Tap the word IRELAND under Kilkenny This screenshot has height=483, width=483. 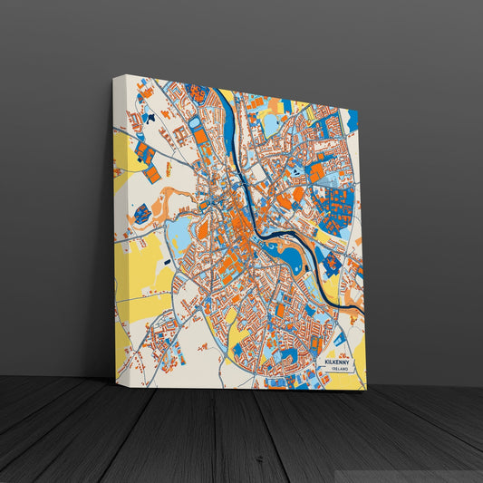click(x=341, y=370)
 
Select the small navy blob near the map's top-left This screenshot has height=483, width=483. click(x=153, y=117)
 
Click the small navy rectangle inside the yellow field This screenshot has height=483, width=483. click(x=141, y=214)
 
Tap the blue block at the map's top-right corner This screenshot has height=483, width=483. click(x=352, y=119)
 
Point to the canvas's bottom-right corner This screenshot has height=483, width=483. click(x=366, y=391)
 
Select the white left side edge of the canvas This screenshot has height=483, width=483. click(x=118, y=227)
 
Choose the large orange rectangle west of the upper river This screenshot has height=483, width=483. click(x=199, y=137)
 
